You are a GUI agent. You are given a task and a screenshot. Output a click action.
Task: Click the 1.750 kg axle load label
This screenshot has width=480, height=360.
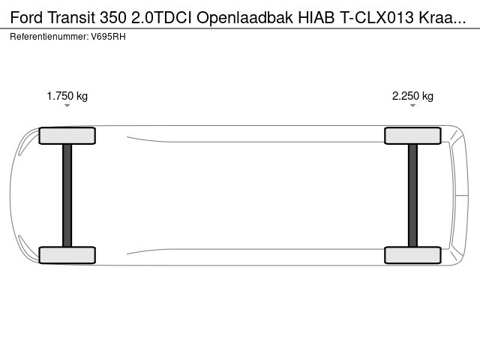click(x=67, y=96)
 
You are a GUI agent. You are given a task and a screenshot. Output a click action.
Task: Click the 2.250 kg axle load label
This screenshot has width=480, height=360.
click(x=412, y=96)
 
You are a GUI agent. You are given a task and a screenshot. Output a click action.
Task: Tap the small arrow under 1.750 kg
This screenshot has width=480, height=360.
click(x=67, y=106)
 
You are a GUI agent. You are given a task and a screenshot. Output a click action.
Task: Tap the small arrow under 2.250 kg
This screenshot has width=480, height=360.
click(x=412, y=106)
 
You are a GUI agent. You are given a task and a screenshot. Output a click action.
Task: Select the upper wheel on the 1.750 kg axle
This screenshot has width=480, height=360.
click(x=67, y=136)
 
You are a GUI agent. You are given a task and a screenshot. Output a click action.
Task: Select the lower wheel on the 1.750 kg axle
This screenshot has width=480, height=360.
click(x=67, y=255)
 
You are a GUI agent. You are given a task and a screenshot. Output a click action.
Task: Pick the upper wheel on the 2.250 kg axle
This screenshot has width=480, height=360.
click(x=412, y=136)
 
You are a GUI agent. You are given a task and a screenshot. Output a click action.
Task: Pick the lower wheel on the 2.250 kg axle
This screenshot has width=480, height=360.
click(x=412, y=255)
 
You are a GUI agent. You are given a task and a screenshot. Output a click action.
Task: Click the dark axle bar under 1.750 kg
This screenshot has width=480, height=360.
click(x=67, y=195)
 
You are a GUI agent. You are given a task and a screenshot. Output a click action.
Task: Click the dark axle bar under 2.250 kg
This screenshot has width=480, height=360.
click(x=412, y=195)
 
